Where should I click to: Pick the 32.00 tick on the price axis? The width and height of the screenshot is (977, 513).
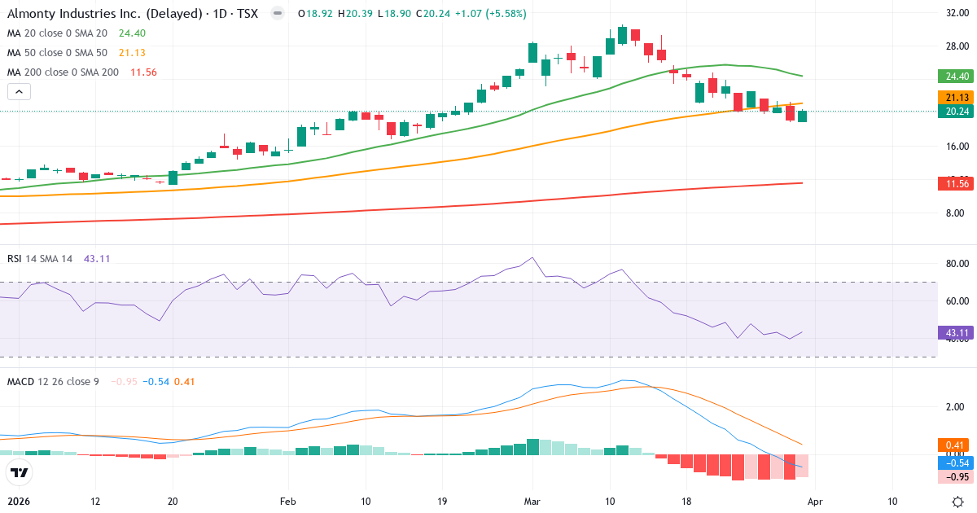(957, 13)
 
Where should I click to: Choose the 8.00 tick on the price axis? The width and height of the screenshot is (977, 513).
(957, 213)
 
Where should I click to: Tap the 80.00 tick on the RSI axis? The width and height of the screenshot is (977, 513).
(957, 264)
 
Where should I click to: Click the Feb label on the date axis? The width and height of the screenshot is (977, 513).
(287, 502)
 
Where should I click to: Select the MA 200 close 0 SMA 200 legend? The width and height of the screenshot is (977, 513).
(63, 72)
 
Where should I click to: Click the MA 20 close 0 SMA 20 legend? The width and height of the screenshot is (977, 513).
(57, 33)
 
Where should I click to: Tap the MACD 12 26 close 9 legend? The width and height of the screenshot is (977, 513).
(53, 381)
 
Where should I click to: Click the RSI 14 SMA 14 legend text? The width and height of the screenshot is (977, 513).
(40, 259)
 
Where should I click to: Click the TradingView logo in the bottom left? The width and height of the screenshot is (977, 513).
(19, 471)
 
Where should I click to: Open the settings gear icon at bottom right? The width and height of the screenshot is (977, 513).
(957, 502)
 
